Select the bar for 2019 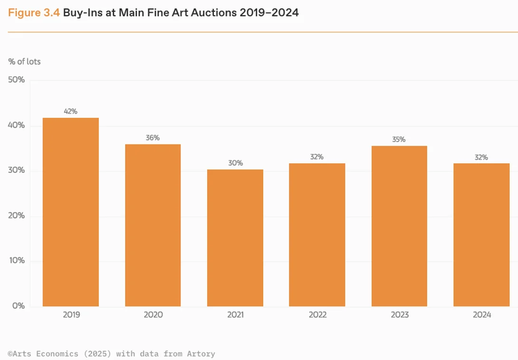click(x=71, y=212)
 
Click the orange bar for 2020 click(x=153, y=226)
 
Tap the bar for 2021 click(x=235, y=238)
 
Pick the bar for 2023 click(x=399, y=226)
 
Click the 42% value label click(x=71, y=111)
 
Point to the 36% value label click(x=153, y=138)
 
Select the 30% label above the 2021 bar click(x=235, y=163)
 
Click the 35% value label click(x=399, y=139)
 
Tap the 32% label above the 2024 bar click(x=481, y=157)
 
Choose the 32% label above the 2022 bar click(x=317, y=157)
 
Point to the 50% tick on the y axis click(x=17, y=80)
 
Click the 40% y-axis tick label click(x=17, y=125)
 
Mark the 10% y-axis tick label click(x=17, y=261)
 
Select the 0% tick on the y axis click(x=19, y=306)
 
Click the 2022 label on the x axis click(x=317, y=315)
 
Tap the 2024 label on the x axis click(x=481, y=315)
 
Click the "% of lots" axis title click(x=24, y=62)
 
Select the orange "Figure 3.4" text click(x=34, y=13)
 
